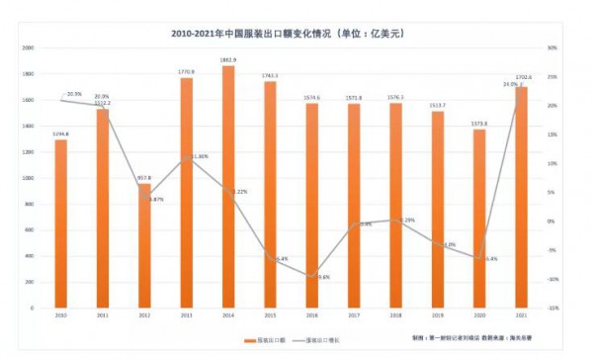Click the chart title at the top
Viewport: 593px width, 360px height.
point(296,33)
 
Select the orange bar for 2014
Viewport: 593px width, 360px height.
point(228,188)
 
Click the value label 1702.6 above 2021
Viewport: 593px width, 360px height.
point(524,77)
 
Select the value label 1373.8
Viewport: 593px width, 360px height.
point(480,124)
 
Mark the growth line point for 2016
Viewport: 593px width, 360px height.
point(312,277)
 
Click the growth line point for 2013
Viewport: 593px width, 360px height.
point(187,156)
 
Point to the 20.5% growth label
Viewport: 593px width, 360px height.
point(74,93)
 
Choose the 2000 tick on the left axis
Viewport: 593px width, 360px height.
point(29,47)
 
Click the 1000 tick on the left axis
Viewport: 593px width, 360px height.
point(29,178)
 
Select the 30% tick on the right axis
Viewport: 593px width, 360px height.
point(552,47)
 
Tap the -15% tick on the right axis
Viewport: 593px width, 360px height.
point(552,308)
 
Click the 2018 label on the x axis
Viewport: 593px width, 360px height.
point(396,315)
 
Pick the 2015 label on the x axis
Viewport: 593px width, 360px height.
point(271,315)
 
